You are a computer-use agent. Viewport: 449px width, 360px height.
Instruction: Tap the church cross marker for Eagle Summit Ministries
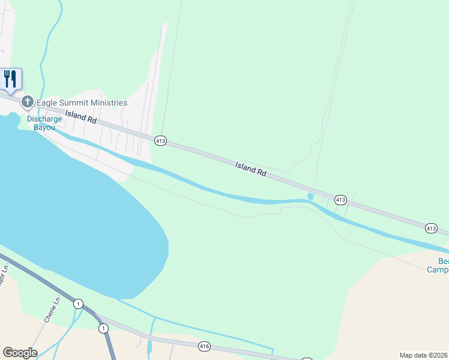(x=27, y=103)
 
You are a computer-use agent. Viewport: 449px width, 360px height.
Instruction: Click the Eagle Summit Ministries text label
(x=82, y=103)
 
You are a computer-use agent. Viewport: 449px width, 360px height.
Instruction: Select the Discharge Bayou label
(x=44, y=123)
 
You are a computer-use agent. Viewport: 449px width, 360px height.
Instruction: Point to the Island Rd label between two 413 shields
(x=250, y=169)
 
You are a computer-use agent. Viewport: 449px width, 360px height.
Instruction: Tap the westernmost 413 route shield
(x=160, y=140)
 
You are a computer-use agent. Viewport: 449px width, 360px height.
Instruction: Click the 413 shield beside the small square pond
(x=340, y=199)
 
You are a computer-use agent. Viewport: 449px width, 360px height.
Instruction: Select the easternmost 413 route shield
(x=431, y=228)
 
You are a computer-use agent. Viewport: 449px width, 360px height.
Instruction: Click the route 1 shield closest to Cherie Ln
(x=78, y=304)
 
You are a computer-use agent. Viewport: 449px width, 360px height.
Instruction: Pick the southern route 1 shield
(x=103, y=328)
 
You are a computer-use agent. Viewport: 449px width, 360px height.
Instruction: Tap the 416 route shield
(x=205, y=346)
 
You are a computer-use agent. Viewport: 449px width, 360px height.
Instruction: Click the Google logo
(x=20, y=353)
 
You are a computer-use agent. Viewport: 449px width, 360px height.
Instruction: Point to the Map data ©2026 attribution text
(x=424, y=355)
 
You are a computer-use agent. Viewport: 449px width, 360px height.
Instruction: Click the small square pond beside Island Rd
(x=310, y=197)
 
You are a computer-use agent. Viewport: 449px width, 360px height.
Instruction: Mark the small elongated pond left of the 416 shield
(x=149, y=347)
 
